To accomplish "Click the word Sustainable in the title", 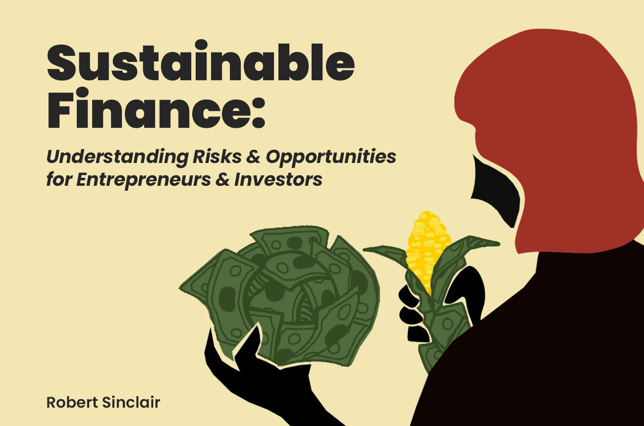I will [201, 64].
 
